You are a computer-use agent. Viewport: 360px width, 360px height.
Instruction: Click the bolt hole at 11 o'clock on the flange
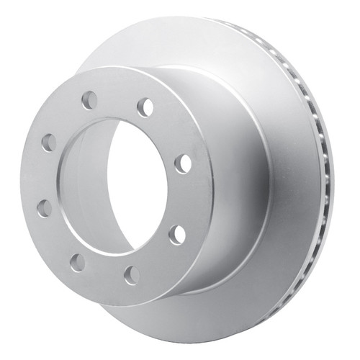[x=89, y=100]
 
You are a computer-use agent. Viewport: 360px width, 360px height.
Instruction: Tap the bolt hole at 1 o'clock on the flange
[x=145, y=107]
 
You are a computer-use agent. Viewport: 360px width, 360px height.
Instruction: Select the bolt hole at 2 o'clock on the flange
[x=182, y=163]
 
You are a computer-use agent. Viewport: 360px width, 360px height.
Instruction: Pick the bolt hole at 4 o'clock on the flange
[x=176, y=235]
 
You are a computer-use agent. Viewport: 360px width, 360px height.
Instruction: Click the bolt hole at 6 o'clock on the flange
[x=131, y=274]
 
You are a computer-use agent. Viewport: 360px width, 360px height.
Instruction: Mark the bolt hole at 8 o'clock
[x=45, y=209]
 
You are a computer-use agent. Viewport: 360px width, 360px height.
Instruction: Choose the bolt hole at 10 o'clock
[x=48, y=143]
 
